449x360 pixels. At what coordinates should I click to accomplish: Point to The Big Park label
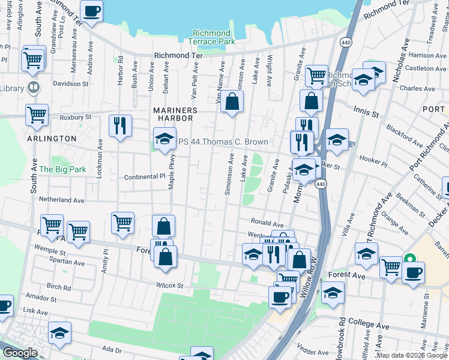click(x=62, y=169)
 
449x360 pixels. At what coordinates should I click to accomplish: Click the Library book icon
click(x=34, y=88)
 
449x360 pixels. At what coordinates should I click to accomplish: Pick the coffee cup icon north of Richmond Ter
click(x=91, y=11)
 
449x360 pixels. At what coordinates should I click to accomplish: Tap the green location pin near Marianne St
click(x=410, y=260)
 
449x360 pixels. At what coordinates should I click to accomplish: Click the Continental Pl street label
click(x=144, y=177)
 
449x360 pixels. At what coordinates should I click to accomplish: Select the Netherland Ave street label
click(x=62, y=199)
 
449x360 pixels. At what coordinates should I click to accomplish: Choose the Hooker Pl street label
click(x=374, y=159)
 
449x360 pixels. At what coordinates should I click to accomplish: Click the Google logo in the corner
click(x=20, y=353)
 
